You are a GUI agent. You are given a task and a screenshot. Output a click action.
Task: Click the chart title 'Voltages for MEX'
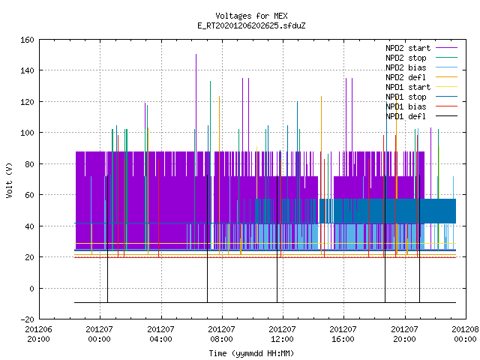pos(251,16)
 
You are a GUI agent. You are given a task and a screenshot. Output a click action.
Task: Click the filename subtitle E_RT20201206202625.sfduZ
pos(251,25)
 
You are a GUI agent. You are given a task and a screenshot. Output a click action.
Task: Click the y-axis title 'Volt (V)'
pos(10,180)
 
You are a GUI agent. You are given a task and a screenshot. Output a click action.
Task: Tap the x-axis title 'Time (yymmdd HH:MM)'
pos(251,353)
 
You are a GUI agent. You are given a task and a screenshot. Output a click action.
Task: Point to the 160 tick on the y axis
pos(27,40)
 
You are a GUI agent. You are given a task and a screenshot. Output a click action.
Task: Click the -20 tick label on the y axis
pos(27,319)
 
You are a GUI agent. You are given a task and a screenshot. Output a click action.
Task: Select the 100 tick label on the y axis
pos(27,133)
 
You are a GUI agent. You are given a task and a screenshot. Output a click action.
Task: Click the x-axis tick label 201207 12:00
pos(282,334)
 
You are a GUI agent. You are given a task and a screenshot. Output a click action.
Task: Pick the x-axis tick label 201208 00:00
pos(465,334)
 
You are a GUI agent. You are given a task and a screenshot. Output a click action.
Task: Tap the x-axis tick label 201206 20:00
pos(38,334)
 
